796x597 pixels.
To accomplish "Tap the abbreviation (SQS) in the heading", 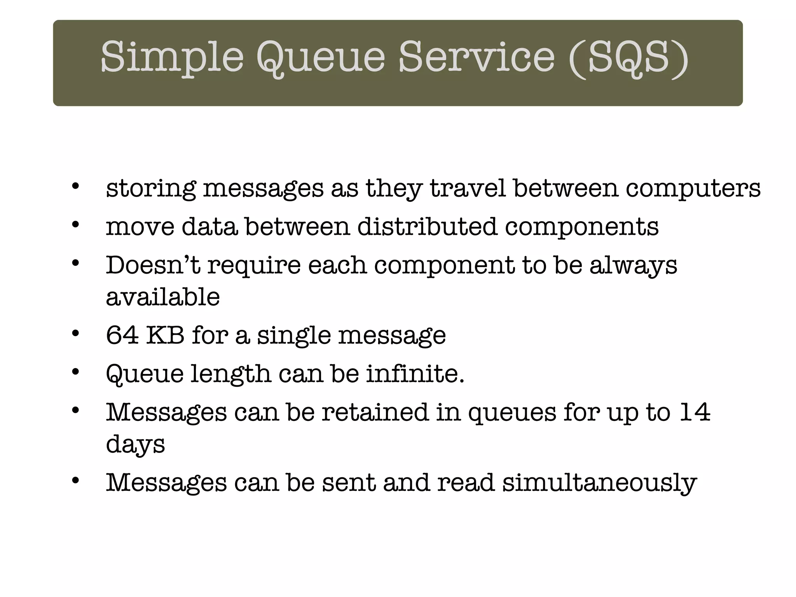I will pos(628,58).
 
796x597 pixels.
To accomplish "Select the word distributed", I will pos(427,227).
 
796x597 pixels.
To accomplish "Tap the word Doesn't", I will pos(153,265).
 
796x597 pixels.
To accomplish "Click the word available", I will pos(163,297).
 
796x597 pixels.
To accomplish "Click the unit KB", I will pos(165,335).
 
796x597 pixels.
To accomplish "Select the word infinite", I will pos(415,374).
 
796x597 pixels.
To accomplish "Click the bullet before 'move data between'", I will pos(75,224).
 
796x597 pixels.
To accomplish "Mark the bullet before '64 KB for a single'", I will pos(75,333).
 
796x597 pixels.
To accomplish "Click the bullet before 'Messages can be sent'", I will pos(75,481).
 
